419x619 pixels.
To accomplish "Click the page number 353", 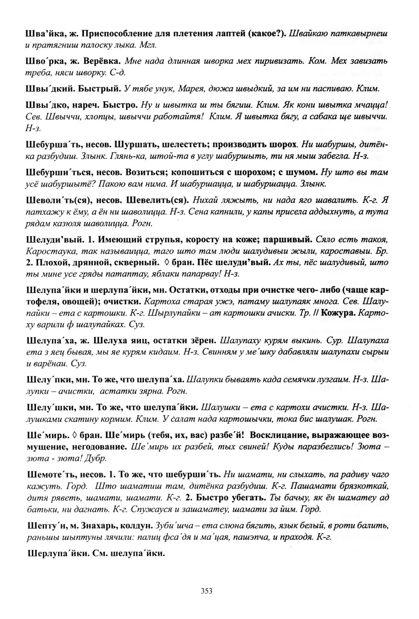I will [206, 591].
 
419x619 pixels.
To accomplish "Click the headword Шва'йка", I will [45, 34].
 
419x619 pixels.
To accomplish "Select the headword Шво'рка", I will [45, 62].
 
